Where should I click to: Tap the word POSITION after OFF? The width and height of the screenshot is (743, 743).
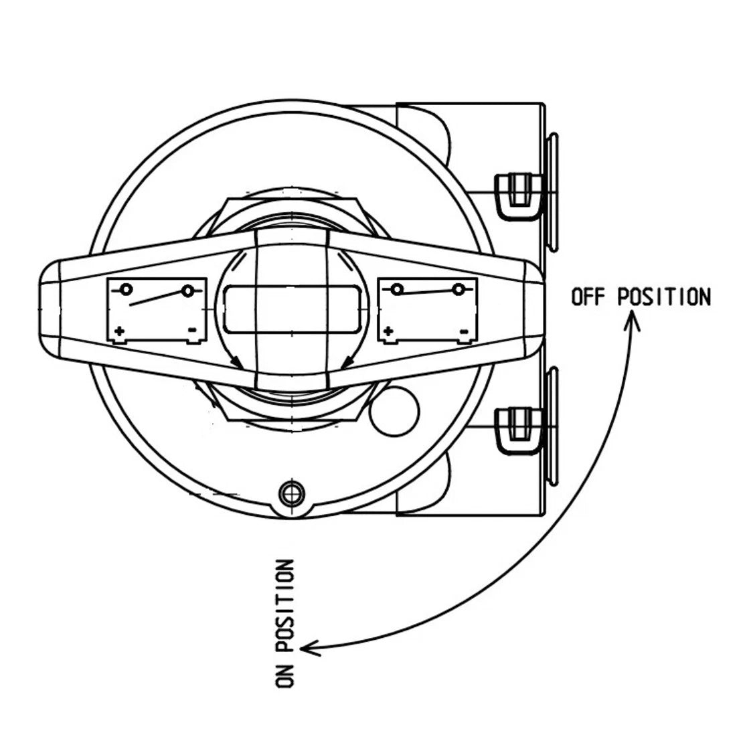664,297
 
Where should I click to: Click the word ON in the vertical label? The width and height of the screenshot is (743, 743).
284,673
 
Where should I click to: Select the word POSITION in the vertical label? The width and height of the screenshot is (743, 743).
284,605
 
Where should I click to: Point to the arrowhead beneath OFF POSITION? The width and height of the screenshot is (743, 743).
631,319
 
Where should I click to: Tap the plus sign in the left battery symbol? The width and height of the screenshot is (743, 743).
119,331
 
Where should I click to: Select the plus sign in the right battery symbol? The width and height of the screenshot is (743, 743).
388,331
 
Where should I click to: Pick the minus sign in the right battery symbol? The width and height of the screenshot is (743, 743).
465,331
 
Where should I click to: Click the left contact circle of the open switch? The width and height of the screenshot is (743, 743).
127,288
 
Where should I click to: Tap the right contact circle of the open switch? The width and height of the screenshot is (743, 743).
188,291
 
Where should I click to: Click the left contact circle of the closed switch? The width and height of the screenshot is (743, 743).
398,288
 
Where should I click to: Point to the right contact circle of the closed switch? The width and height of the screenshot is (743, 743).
459,288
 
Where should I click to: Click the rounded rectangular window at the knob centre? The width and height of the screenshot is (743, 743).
293,309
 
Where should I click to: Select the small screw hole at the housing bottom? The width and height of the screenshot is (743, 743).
292,494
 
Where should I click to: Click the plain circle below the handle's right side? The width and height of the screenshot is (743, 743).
394,411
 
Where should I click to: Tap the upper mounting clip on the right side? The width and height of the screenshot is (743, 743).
519,195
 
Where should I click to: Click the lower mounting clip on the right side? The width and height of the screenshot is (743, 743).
519,430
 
